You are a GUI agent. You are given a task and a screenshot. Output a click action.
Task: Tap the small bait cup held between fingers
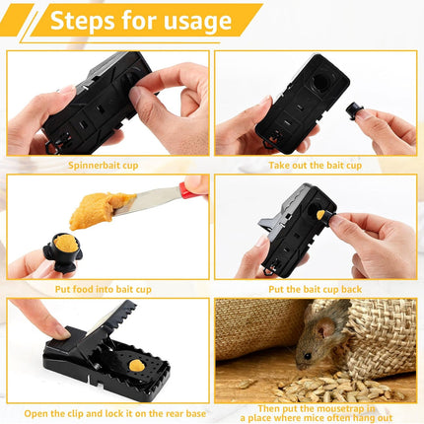[376, 126]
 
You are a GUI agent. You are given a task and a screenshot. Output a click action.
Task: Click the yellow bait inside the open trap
[136, 365]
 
